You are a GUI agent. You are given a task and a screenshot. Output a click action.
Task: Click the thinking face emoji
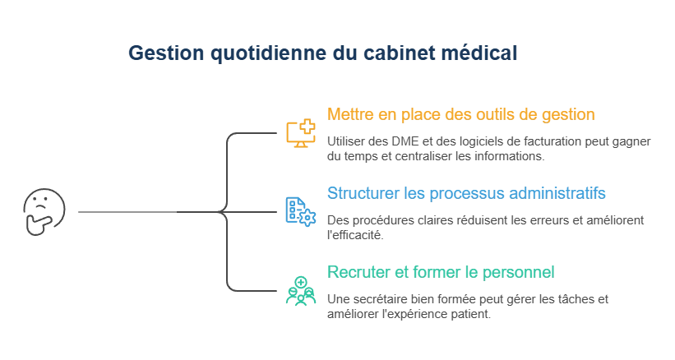click(x=44, y=211)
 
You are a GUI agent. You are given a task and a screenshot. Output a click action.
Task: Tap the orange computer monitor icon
click(x=300, y=133)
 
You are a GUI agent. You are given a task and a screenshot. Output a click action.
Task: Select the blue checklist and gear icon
click(x=300, y=211)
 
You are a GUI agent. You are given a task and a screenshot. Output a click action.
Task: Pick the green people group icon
click(x=300, y=291)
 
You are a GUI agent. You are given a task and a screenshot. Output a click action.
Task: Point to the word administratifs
click(x=557, y=193)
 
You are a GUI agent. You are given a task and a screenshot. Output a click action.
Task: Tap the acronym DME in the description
click(x=404, y=141)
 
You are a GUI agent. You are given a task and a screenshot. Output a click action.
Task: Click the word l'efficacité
click(x=355, y=235)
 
